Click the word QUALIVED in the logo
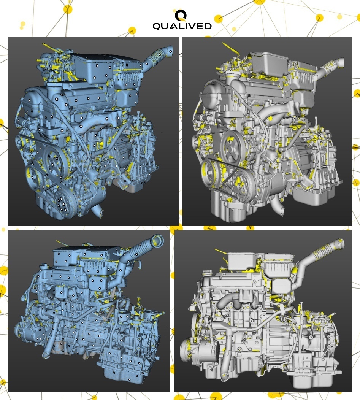point(182,26)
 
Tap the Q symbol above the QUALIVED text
point(181,15)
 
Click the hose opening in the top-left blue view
point(170,49)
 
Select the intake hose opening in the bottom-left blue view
point(157,240)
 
